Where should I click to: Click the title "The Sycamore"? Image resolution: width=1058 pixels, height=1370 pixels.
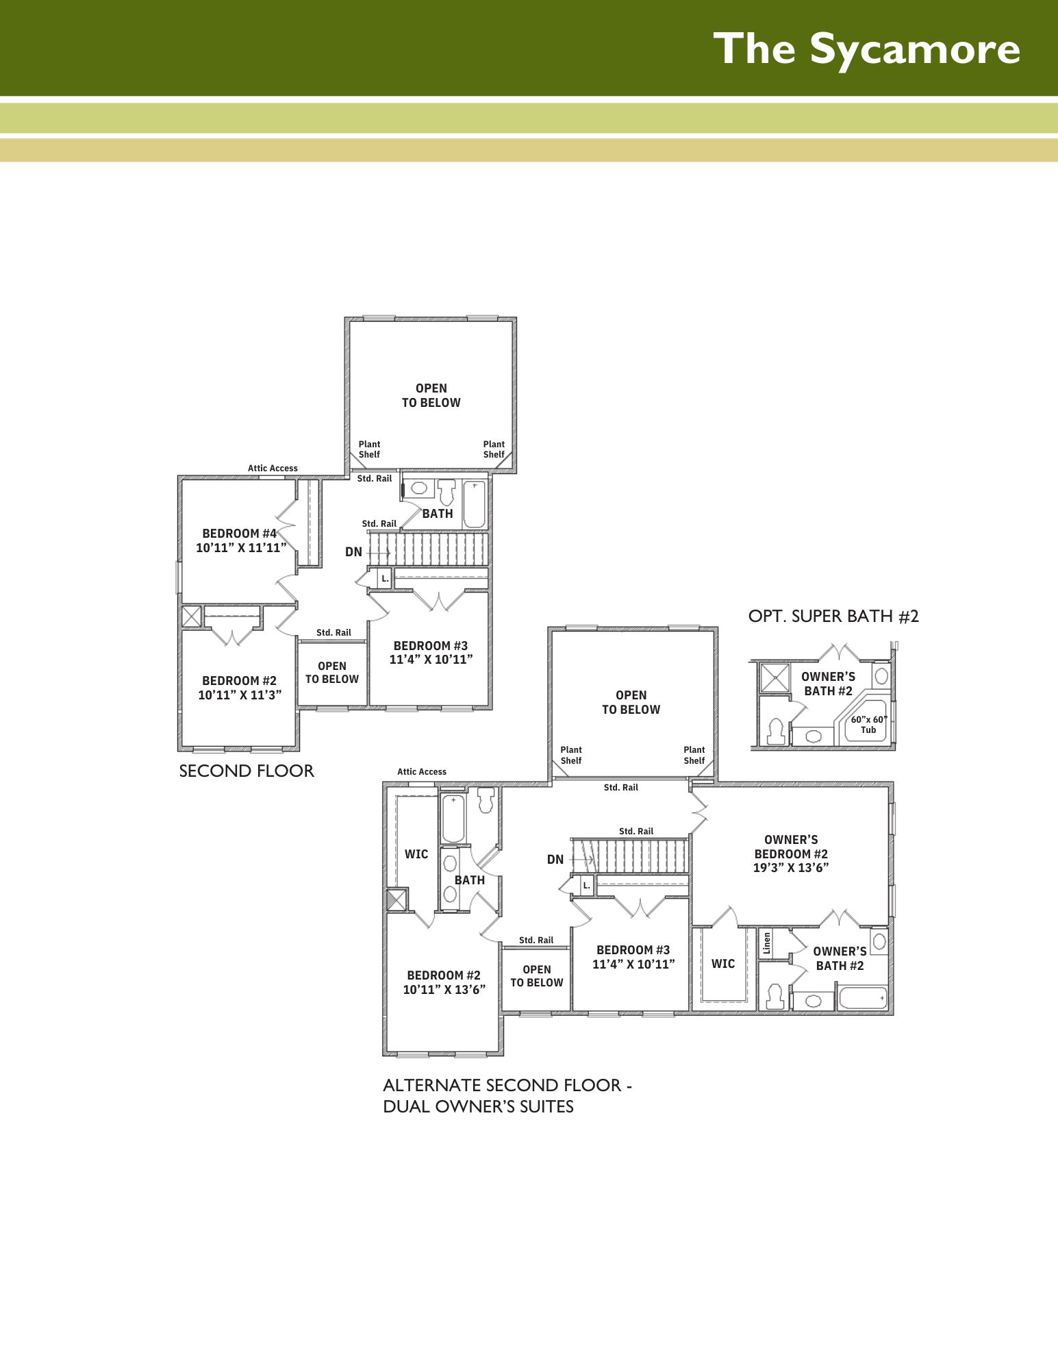point(866,49)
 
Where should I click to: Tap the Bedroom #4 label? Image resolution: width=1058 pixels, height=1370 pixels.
point(240,540)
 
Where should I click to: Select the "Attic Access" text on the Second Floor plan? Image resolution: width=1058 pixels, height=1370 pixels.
point(273,469)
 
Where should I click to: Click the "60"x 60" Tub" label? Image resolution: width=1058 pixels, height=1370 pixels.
point(869,725)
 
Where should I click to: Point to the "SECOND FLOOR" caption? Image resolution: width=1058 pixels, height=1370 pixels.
point(247,771)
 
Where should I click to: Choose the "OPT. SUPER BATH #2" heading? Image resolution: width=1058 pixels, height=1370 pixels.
point(833,616)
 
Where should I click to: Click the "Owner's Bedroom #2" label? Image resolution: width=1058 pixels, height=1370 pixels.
point(791,854)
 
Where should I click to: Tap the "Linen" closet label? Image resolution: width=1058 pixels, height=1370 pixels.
point(767,943)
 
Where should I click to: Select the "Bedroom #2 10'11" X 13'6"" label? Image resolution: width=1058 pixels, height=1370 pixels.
point(444,982)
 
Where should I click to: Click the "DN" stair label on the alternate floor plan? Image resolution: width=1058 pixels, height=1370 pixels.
point(555,860)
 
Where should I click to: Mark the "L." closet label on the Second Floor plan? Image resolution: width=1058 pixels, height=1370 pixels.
point(385,579)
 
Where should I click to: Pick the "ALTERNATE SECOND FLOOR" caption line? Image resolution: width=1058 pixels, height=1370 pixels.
point(507,1086)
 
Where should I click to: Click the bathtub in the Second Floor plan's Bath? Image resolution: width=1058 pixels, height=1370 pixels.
point(475,504)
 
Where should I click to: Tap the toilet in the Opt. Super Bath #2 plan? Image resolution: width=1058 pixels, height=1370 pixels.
point(776,731)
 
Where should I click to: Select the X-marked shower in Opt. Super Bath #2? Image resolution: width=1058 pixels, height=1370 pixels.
point(775,677)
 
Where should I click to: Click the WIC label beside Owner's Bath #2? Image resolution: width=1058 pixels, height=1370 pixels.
point(723,964)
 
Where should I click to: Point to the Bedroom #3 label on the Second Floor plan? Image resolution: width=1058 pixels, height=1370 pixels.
point(431,653)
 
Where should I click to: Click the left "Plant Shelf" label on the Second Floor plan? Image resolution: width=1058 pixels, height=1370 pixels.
point(369,449)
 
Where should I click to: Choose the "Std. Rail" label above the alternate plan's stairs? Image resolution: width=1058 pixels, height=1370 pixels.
point(636,832)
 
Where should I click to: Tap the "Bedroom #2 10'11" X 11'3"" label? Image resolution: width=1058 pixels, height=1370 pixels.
point(240,688)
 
